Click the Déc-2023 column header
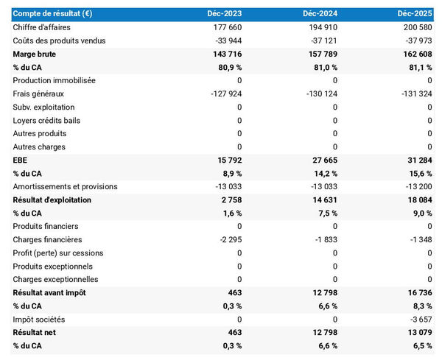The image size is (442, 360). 225,14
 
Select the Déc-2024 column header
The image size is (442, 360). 321,14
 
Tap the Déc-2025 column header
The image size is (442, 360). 417,14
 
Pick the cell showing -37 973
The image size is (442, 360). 418,40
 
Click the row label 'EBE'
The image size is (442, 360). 21,160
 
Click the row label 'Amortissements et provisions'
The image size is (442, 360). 66,186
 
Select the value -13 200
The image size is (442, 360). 418,186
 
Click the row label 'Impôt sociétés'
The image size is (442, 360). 39,319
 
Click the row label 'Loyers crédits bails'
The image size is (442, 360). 49,120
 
